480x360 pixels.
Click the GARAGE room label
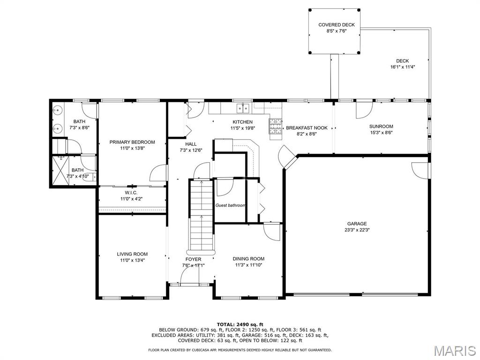tap(357, 224)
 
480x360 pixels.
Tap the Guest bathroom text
tap(230, 205)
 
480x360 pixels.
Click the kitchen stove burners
tap(275, 126)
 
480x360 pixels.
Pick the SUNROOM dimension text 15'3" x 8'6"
tap(381, 133)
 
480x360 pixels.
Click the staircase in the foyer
tap(202, 216)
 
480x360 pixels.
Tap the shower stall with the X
tap(60, 171)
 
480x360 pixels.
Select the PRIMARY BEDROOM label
tap(132, 142)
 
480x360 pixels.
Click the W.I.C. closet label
tap(131, 193)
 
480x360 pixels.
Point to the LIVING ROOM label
tap(132, 254)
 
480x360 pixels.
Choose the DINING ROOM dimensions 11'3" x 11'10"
tap(248, 265)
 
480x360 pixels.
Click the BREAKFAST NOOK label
tap(307, 128)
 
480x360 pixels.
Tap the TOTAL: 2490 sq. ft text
tap(240, 324)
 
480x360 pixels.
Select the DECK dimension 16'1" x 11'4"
tap(402, 67)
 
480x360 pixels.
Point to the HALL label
tap(191, 144)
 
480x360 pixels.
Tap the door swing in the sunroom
tap(364, 110)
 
